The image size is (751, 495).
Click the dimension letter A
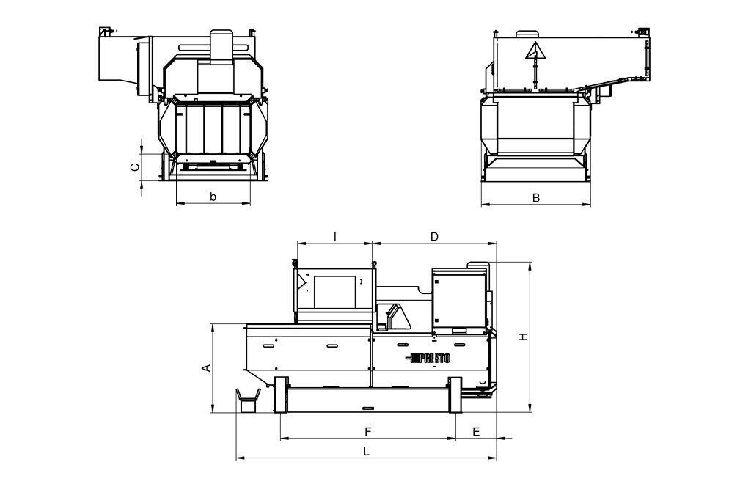point(206,367)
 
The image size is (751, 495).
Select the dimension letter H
point(523,337)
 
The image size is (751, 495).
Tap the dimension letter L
point(367,452)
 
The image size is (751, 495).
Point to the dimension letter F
point(368,432)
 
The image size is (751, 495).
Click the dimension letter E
point(476,432)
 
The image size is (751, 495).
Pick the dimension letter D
point(434,237)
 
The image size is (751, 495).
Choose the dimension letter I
point(335,237)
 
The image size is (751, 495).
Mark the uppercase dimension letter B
point(536,198)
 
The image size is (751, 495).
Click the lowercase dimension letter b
point(213,197)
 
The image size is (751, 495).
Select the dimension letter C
point(136,167)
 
